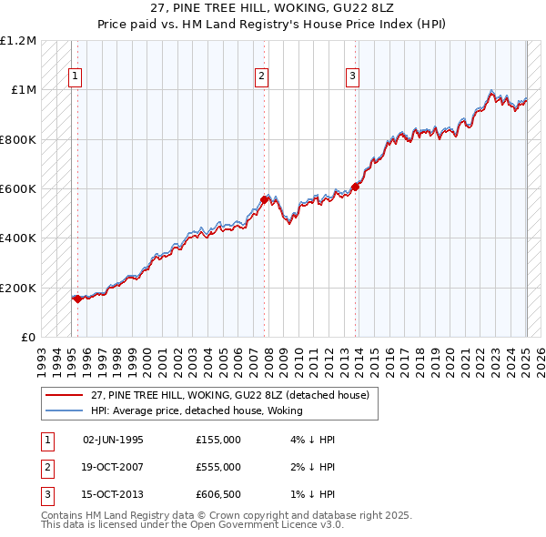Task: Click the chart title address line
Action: point(272,10)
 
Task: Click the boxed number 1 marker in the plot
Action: point(74,77)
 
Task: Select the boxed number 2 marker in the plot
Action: point(261,77)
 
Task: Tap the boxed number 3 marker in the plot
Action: point(352,77)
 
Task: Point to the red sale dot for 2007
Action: point(264,199)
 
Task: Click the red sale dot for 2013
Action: point(356,187)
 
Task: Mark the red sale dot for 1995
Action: point(77,298)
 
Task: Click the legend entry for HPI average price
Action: point(196,410)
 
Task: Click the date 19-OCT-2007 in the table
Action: point(114,467)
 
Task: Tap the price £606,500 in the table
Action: point(217,494)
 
